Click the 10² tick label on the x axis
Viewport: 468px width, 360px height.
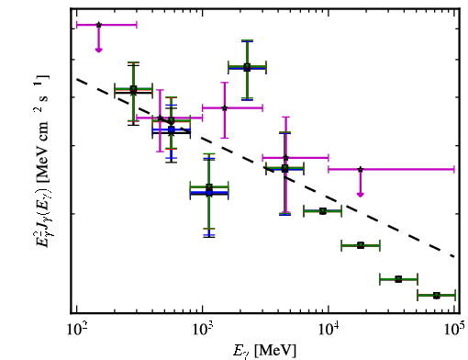pyautogui.click(x=77, y=329)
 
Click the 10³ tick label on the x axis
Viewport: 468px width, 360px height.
pyautogui.click(x=203, y=329)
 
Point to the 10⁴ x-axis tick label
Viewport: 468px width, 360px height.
pyautogui.click(x=329, y=329)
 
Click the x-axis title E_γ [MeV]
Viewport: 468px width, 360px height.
pyautogui.click(x=264, y=351)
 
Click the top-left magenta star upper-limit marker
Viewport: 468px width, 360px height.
pyautogui.click(x=98, y=25)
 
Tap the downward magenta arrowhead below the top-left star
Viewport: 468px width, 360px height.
pyautogui.click(x=98, y=50)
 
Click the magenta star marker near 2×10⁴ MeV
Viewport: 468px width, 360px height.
pyautogui.click(x=361, y=169)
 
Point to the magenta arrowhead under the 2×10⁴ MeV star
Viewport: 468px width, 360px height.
pyautogui.click(x=361, y=195)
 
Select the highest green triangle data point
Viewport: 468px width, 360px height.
pyautogui.click(x=247, y=66)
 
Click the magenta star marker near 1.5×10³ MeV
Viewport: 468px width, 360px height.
pyautogui.click(x=225, y=107)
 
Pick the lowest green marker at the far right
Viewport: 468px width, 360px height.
pyautogui.click(x=437, y=296)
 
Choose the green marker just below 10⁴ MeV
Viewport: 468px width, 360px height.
pyautogui.click(x=323, y=211)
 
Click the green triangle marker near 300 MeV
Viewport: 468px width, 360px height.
pyautogui.click(x=133, y=89)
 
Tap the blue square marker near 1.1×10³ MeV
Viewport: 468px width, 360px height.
pyautogui.click(x=209, y=193)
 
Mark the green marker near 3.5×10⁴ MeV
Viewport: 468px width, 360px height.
pyautogui.click(x=398, y=279)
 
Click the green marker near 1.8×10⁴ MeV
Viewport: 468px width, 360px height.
pyautogui.click(x=361, y=245)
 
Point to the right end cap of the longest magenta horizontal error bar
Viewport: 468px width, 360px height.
pyautogui.click(x=454, y=169)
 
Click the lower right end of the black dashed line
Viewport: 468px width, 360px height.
pyautogui.click(x=454, y=256)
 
